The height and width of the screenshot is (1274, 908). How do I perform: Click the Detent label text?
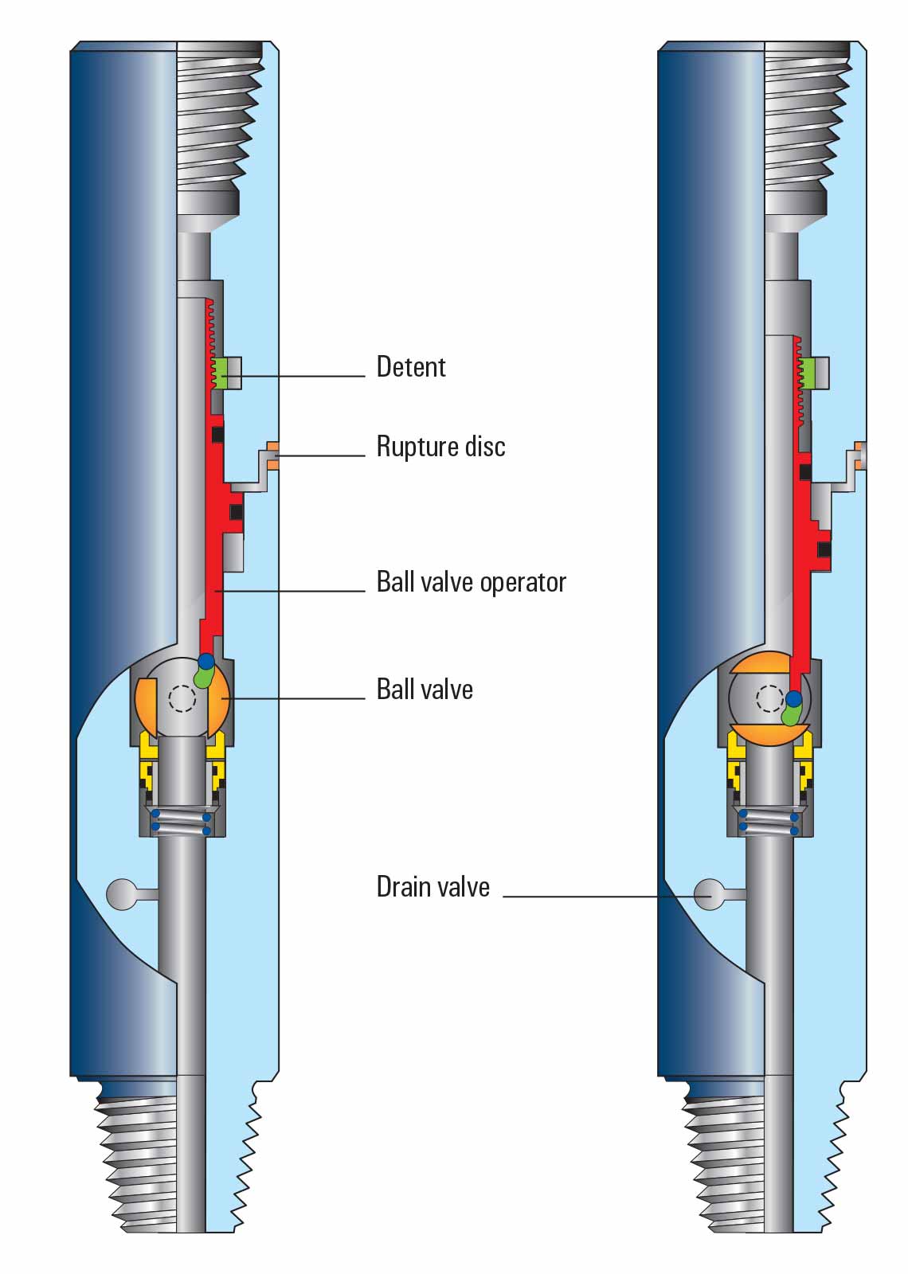click(x=410, y=367)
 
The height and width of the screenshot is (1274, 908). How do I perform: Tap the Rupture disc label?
click(x=440, y=447)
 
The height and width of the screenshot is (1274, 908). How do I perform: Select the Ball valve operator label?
click(x=471, y=582)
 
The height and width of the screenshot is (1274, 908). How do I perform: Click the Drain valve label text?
click(x=432, y=887)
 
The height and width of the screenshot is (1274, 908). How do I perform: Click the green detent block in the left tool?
click(x=233, y=372)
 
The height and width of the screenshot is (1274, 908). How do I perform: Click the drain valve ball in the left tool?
click(x=122, y=894)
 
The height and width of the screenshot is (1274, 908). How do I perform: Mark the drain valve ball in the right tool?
click(x=709, y=894)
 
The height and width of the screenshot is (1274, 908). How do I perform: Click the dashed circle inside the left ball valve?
click(x=182, y=698)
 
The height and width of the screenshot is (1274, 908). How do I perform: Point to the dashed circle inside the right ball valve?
click(x=769, y=698)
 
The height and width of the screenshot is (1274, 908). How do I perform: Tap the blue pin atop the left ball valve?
click(x=205, y=660)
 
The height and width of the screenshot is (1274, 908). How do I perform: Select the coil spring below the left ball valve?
click(x=182, y=823)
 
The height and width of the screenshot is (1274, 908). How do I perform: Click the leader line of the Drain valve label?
click(x=589, y=897)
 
